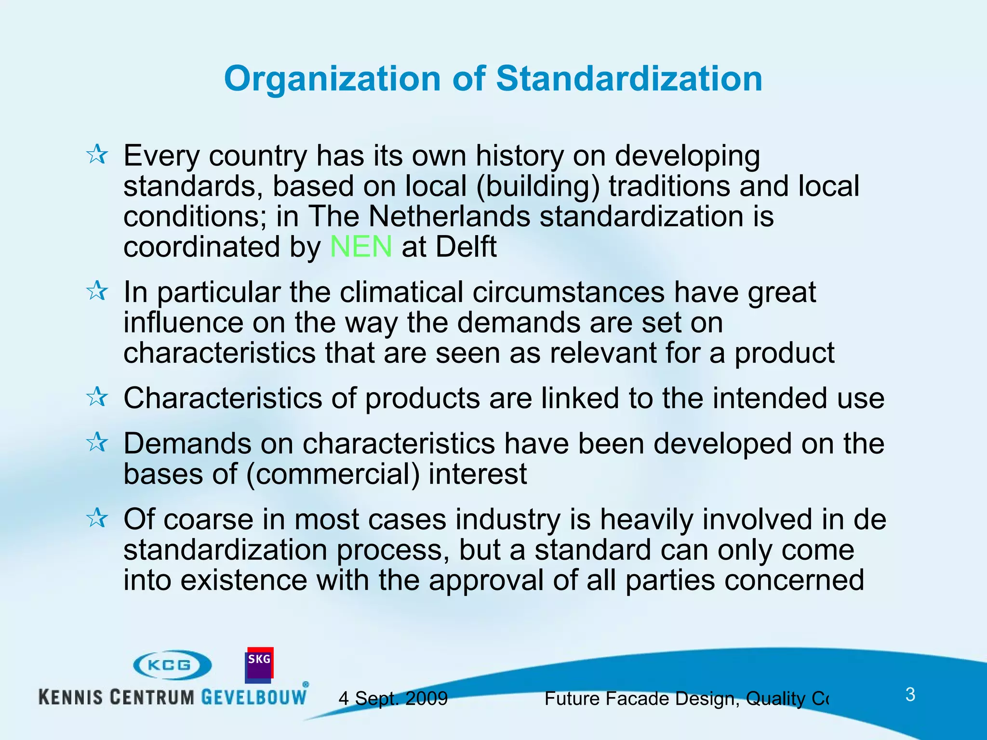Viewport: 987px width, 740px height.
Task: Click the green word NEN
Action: [360, 247]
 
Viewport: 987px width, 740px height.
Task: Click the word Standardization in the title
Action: [629, 79]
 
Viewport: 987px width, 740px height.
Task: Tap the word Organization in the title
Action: [332, 79]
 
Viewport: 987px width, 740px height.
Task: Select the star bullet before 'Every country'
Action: [97, 155]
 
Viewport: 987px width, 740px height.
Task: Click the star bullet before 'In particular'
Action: [97, 291]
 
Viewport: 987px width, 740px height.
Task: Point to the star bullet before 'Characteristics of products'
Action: [97, 397]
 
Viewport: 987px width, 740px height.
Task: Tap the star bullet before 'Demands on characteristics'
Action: [97, 442]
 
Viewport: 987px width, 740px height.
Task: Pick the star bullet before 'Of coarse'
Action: [97, 518]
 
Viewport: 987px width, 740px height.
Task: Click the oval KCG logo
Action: [172, 665]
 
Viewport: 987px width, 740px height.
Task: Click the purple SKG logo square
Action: [259, 665]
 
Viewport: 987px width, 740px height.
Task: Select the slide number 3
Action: [910, 694]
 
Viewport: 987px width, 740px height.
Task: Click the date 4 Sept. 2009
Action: [393, 698]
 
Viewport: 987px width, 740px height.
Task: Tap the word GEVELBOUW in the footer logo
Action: [253, 697]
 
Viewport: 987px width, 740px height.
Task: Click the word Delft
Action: [466, 247]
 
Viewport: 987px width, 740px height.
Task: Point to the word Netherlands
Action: [449, 216]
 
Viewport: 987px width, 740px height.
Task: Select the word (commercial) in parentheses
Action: [333, 474]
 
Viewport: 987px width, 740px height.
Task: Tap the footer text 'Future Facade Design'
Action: [641, 698]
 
